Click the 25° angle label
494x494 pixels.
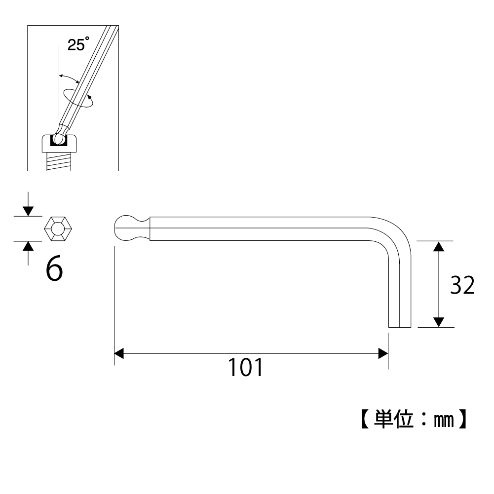(78, 44)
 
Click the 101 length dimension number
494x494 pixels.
(245, 367)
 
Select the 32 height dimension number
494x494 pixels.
(462, 285)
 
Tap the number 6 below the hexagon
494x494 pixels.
(54, 269)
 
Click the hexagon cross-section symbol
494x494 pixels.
(58, 228)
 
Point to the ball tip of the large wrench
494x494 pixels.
(123, 228)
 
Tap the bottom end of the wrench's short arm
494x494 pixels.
(399, 327)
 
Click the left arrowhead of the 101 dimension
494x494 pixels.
(119, 353)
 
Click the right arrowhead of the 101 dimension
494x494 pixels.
(383, 353)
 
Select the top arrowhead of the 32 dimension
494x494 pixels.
(439, 246)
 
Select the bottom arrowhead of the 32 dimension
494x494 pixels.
(439, 322)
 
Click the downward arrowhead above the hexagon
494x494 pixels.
(28, 211)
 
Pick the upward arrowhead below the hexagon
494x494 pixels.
(28, 246)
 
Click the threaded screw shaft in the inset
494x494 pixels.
(59, 161)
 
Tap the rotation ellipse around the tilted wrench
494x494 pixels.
(78, 98)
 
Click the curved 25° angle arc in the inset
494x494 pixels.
(69, 78)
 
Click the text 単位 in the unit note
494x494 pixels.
(393, 419)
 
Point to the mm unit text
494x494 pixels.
(444, 420)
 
